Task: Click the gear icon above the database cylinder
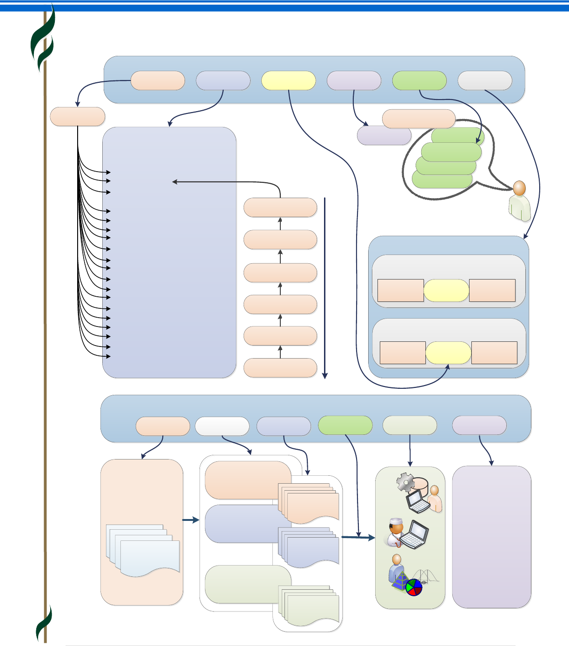405,482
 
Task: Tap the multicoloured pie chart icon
414,587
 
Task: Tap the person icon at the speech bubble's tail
520,201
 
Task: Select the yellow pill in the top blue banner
289,80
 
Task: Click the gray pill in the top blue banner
485,80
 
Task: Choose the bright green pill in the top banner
419,80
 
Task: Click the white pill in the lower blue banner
222,426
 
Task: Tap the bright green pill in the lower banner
345,425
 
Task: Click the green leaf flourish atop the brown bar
43,40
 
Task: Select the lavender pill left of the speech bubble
384,136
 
